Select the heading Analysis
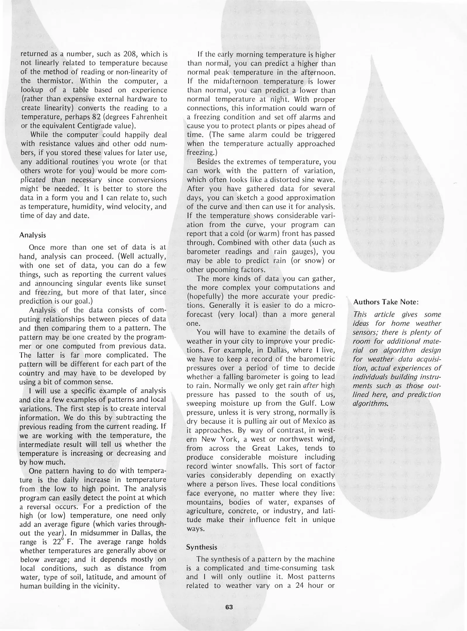32,235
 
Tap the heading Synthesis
202,547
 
